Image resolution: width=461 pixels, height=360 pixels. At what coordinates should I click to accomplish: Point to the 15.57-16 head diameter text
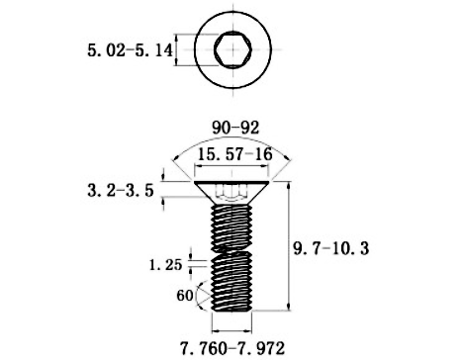click(234, 155)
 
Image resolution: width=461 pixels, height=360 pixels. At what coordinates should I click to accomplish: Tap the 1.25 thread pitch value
click(164, 264)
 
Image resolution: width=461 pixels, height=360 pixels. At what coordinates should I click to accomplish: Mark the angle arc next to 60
click(201, 294)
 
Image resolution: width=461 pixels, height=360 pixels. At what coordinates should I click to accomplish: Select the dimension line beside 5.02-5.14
click(178, 48)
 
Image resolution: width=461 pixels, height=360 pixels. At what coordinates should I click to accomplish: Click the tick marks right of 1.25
click(201, 263)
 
